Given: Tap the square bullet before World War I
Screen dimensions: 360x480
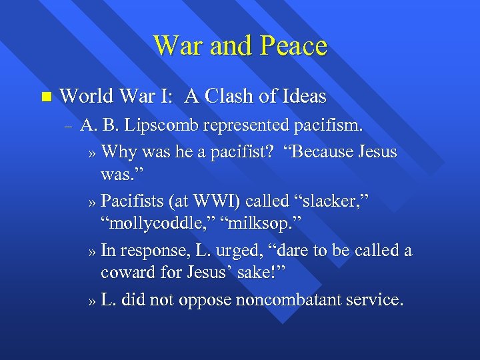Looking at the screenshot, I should tap(45, 97).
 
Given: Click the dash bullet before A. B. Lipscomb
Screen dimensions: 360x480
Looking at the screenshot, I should tap(67, 125).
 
